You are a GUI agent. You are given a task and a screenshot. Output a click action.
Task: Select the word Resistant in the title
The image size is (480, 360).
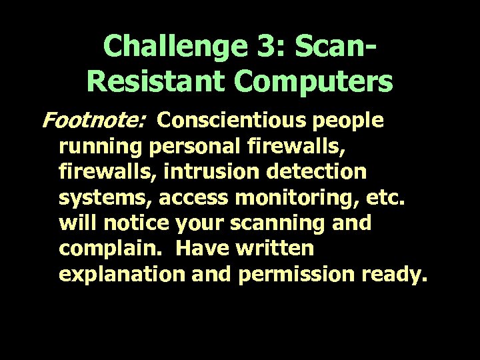(153, 82)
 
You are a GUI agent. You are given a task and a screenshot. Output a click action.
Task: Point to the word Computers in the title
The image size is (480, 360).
(313, 82)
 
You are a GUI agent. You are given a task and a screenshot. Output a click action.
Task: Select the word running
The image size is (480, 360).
(101, 146)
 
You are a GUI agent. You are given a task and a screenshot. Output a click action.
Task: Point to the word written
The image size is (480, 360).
(276, 249)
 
